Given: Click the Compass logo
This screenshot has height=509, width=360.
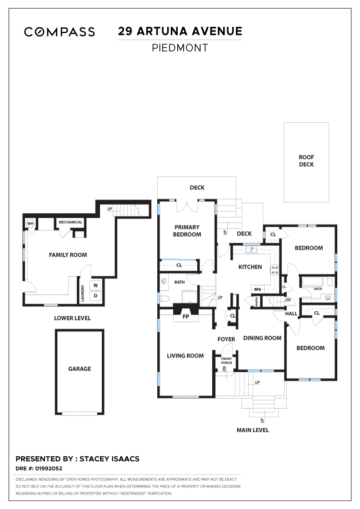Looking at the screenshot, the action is click(x=60, y=32).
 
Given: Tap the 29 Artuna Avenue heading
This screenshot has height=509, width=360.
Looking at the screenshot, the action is click(x=180, y=31).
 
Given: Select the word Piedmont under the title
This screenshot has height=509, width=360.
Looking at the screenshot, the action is click(x=180, y=48).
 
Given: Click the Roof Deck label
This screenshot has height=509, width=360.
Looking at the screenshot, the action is click(x=306, y=161).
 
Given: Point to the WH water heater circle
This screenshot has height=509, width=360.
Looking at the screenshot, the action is click(x=30, y=223).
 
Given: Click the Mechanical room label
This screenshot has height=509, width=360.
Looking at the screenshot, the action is click(x=70, y=222).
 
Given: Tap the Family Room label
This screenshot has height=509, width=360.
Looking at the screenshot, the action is click(x=68, y=255).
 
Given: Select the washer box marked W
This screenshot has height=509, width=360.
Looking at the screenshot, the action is click(x=95, y=286).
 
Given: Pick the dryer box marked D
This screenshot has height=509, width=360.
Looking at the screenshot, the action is click(x=95, y=296).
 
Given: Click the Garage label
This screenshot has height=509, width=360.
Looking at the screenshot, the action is click(x=80, y=369).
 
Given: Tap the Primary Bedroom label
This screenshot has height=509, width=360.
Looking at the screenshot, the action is click(x=187, y=231).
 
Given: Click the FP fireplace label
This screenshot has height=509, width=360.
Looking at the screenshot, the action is click(x=185, y=316).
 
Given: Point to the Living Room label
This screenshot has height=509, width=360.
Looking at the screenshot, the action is click(x=185, y=356).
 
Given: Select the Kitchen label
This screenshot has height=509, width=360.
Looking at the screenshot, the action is click(x=250, y=267).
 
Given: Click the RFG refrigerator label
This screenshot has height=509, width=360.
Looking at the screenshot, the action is click(x=257, y=289).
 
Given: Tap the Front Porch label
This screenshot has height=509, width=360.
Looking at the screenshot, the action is click(x=226, y=361).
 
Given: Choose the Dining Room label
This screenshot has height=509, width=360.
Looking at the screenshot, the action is click(x=262, y=338).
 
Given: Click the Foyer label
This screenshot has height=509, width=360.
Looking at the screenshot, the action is click(x=226, y=339).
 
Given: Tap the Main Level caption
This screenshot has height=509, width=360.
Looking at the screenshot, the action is click(x=253, y=430).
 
